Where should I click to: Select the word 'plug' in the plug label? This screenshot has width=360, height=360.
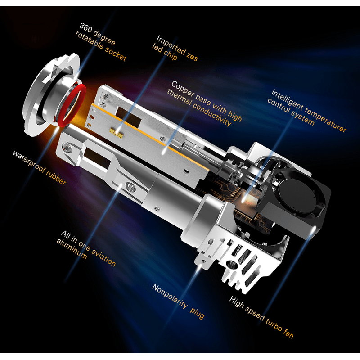point(197,313)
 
